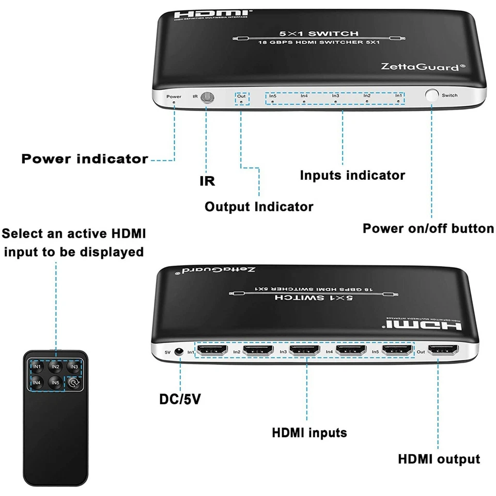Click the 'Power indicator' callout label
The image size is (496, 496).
click(85, 159)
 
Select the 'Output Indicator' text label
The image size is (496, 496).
click(259, 207)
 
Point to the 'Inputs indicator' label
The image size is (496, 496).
click(352, 175)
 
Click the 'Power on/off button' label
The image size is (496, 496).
click(428, 228)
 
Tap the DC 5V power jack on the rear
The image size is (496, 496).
click(180, 351)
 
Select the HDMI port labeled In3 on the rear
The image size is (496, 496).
click(305, 351)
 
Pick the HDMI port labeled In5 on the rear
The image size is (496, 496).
click(397, 351)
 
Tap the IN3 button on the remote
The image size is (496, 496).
click(73, 367)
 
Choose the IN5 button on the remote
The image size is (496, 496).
click(55, 383)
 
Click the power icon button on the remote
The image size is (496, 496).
click(73, 383)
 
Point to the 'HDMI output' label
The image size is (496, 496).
click(439, 459)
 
